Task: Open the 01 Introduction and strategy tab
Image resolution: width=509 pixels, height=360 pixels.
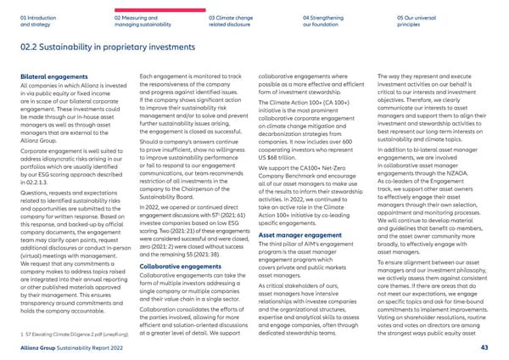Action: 37,20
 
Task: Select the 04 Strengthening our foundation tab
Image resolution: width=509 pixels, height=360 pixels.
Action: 327,20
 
